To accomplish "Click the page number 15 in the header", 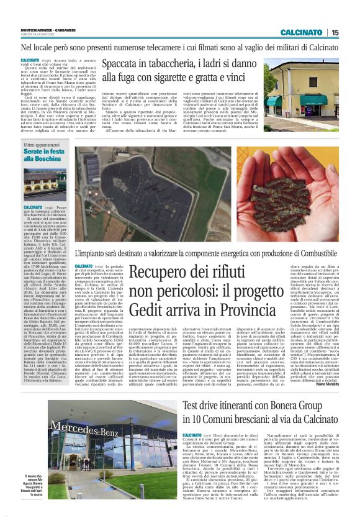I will (x=335, y=32).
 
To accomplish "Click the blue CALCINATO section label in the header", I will (x=300, y=32).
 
